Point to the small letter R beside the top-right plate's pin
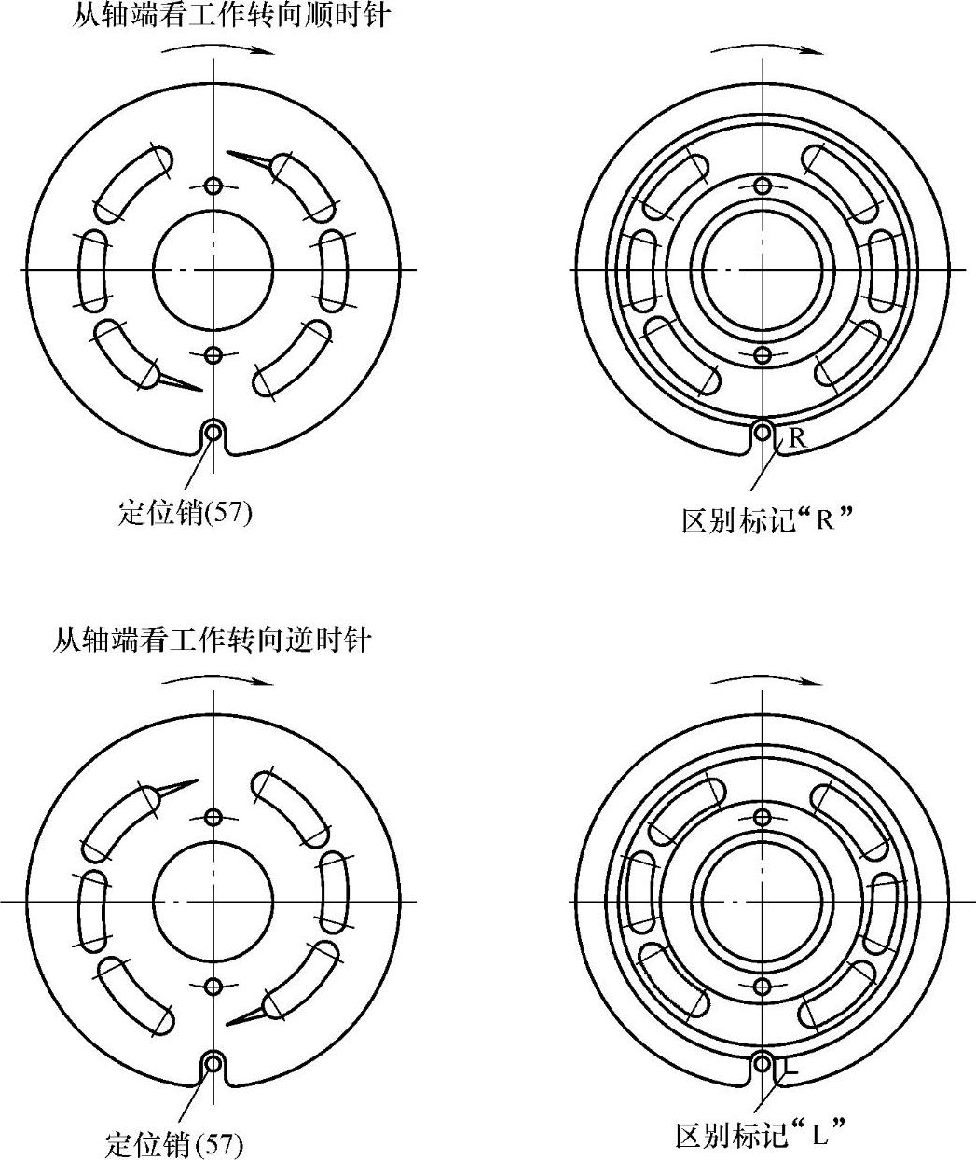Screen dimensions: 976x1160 [x=797, y=437]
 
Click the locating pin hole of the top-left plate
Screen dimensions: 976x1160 [x=213, y=432]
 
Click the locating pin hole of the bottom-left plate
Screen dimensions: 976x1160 [x=213, y=1063]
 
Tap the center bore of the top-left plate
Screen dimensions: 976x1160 [x=213, y=269]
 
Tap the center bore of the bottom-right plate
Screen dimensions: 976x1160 [x=763, y=901]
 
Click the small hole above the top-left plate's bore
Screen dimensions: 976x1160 [x=213, y=186]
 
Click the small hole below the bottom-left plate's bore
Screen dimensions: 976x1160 [x=213, y=986]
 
